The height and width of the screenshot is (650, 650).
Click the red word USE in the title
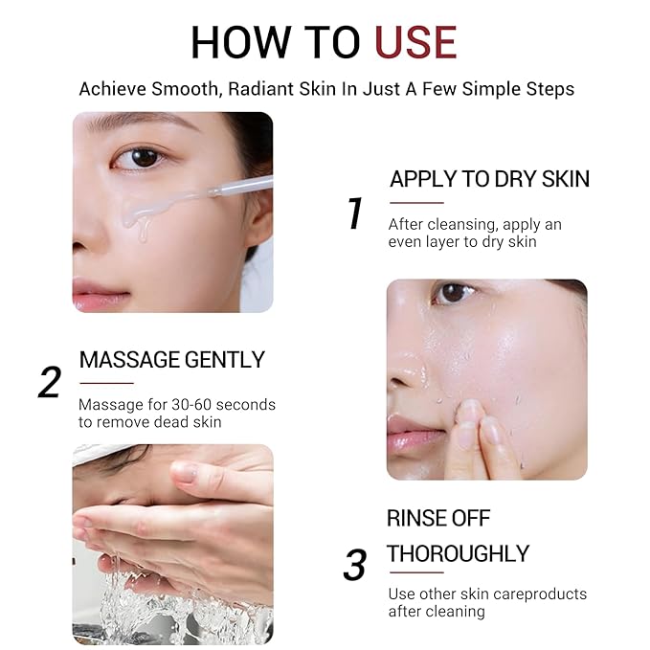tap(415, 43)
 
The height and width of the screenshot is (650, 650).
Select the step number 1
tap(355, 213)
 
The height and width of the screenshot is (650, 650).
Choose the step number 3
tap(354, 565)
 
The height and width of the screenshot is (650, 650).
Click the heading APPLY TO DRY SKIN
tap(489, 179)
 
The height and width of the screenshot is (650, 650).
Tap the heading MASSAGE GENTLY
tap(171, 360)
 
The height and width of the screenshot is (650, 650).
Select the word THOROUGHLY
tap(458, 553)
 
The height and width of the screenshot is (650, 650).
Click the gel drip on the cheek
tap(143, 223)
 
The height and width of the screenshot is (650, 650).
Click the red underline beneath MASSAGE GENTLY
tap(105, 383)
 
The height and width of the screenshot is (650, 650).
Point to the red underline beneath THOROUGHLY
tap(415, 573)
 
